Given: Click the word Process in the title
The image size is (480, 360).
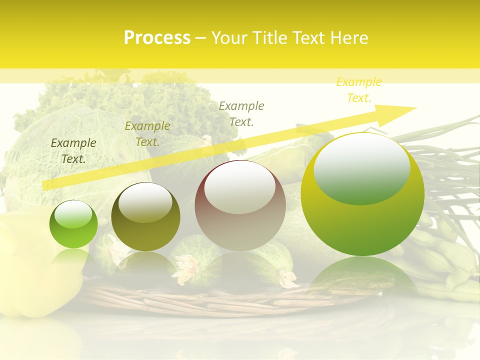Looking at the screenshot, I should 157,38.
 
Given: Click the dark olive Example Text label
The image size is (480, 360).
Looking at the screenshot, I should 73,150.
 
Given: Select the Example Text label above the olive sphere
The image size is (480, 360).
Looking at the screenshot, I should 147,134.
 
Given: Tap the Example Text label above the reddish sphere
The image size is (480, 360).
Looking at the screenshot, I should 241,113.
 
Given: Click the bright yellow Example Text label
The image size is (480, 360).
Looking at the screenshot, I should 358,90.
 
